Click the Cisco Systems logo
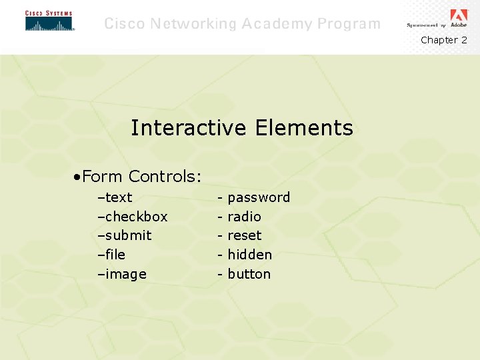49,21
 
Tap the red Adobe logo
459,16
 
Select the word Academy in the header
277,24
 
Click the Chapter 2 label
444,40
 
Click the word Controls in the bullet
165,177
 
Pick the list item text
118,197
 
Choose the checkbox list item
136,217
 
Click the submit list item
128,235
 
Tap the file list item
115,255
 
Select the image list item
125,274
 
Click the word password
259,197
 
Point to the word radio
244,217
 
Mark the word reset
245,235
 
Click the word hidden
249,255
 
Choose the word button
249,274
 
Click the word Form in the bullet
103,177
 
